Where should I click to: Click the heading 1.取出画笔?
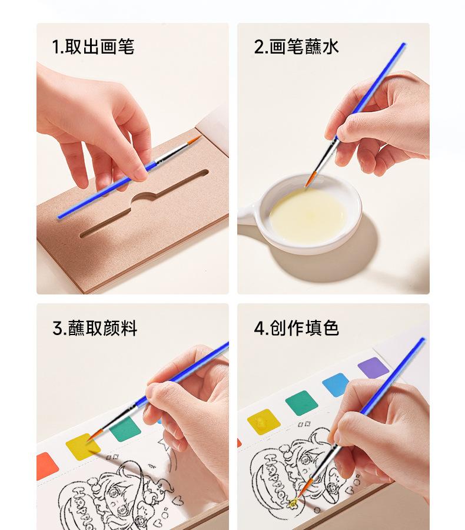point(93,47)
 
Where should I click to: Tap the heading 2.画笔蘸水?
point(296,47)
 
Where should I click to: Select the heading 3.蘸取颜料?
point(95,328)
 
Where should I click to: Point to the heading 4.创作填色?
point(296,328)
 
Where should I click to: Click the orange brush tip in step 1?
point(194,140)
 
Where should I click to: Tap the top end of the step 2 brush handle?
point(404,44)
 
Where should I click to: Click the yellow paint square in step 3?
point(82,447)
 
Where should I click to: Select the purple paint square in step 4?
point(373,367)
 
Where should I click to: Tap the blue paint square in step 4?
point(336,385)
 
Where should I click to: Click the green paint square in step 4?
point(301,403)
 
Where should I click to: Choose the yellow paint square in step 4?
point(264,422)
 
